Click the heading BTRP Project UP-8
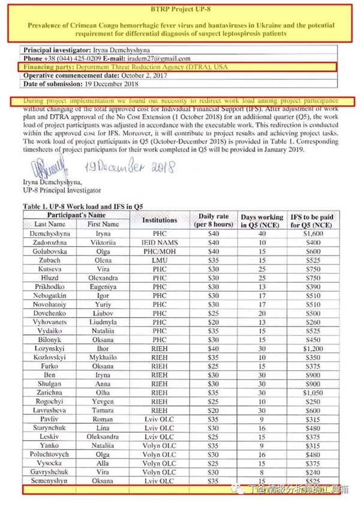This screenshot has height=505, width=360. click(x=180, y=11)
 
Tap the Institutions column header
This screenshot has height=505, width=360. click(x=159, y=220)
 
